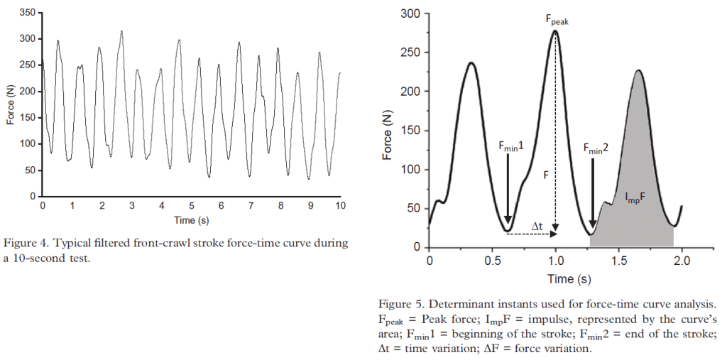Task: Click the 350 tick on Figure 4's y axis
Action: [x=28, y=13]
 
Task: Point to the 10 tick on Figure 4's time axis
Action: [x=340, y=206]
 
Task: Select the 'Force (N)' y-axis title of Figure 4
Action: [x=11, y=104]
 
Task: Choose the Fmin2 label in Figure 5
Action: [x=596, y=148]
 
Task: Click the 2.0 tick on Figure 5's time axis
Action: [x=682, y=261]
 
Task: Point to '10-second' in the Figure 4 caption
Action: [x=36, y=257]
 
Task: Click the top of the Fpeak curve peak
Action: [x=555, y=31]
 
